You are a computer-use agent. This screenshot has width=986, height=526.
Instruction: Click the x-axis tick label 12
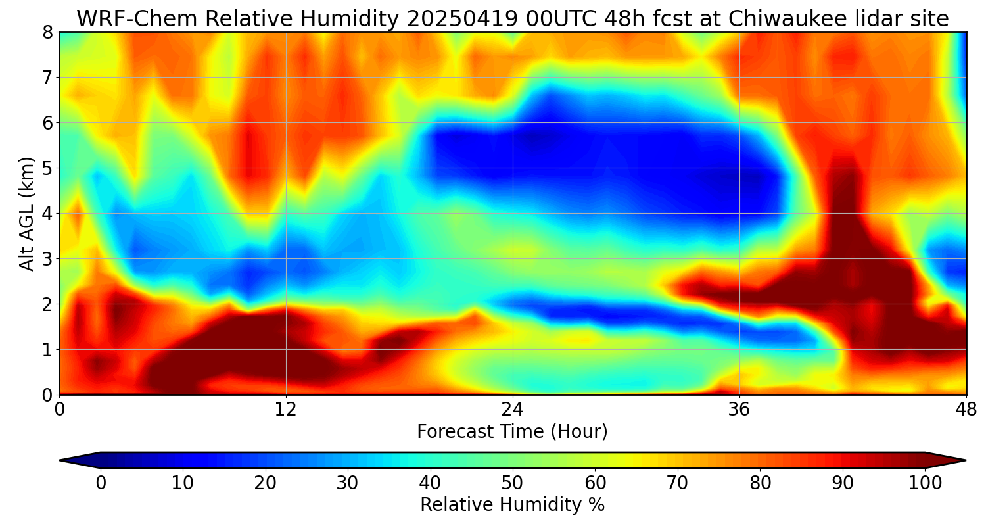(286, 409)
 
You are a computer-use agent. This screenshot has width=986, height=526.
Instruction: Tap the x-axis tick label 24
(513, 409)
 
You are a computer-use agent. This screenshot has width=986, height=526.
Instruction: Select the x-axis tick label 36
(739, 409)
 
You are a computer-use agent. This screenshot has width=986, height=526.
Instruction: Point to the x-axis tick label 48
(966, 409)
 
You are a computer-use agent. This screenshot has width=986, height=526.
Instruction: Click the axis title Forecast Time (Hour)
(512, 432)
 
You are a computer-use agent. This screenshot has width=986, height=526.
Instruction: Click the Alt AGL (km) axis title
(27, 213)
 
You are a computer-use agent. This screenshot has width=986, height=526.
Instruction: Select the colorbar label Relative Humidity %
(512, 505)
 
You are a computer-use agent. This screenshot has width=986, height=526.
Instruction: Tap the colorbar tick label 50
(512, 483)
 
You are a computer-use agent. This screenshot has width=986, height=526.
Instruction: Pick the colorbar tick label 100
(924, 483)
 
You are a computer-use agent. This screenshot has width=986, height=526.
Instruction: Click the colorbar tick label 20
(265, 483)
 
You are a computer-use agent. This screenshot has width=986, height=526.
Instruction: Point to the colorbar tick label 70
(677, 483)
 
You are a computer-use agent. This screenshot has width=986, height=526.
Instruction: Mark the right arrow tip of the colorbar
(964, 460)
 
